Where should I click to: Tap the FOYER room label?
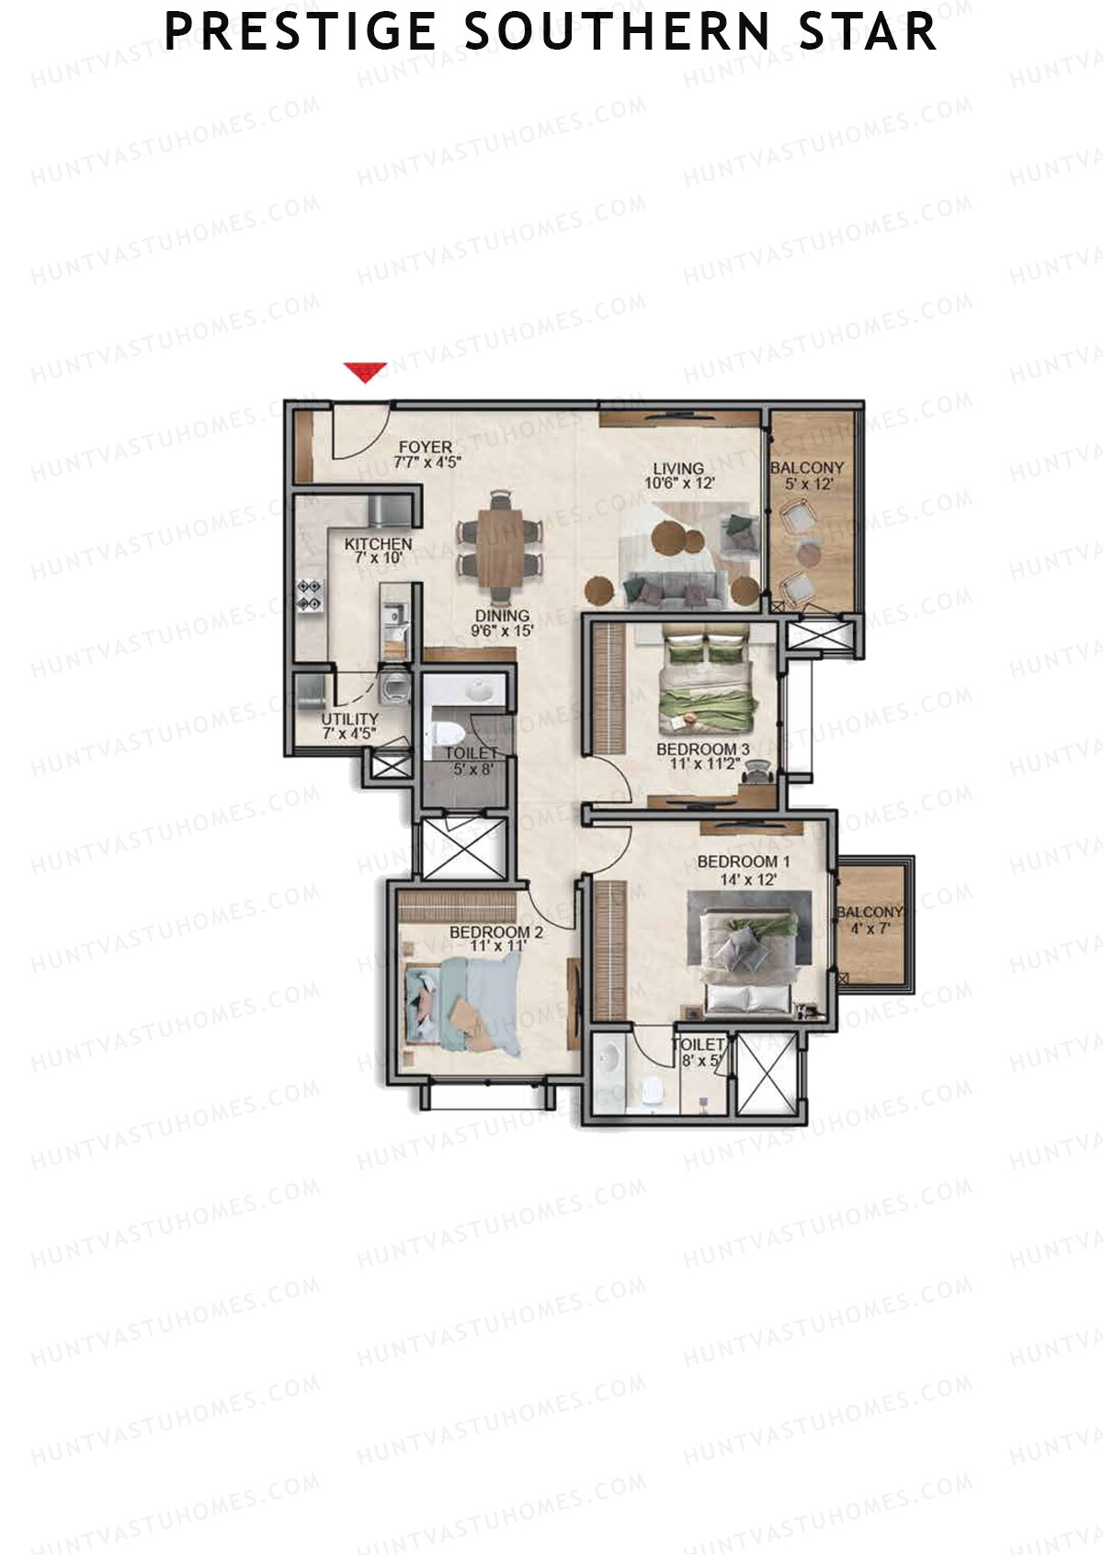426,455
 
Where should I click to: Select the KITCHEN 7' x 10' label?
378,551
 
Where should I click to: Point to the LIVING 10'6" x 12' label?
678,475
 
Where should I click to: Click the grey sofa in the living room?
674,587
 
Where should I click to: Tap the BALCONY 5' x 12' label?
806,475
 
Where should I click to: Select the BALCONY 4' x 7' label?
869,919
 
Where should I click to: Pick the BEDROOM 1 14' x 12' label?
743,870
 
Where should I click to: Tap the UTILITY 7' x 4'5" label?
349,726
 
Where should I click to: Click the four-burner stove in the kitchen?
309,595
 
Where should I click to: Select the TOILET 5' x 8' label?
472,761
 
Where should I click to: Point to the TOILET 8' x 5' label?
699,1053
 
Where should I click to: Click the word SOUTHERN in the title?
617,32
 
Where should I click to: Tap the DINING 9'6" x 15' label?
502,623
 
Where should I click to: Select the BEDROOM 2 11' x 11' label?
495,939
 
